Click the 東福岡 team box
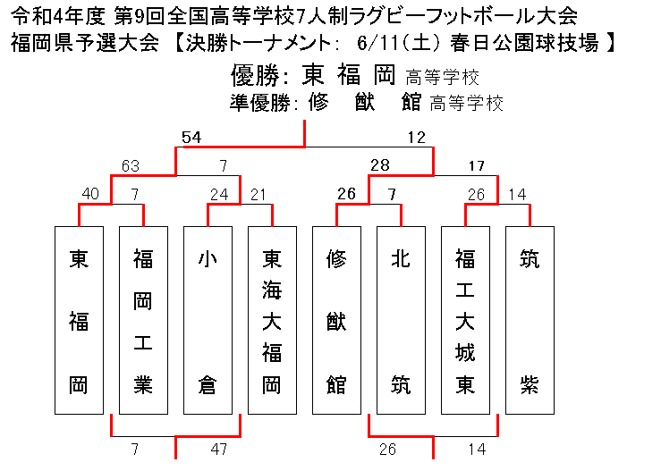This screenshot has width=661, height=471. [79, 320]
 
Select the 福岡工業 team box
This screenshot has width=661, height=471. [143, 320]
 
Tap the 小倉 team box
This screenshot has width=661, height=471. [208, 320]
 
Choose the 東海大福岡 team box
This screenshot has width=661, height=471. [272, 320]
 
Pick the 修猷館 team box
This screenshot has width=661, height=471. [336, 320]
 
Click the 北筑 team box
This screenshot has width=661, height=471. [401, 320]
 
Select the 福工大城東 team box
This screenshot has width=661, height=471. [465, 320]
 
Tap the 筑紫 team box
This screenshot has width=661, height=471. [530, 320]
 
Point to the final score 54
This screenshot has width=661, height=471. [191, 138]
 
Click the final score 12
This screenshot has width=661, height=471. [417, 138]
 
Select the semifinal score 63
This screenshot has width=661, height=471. [131, 166]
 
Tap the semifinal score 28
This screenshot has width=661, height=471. [380, 165]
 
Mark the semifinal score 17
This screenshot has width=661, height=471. [477, 166]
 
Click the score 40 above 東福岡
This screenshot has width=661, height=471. [90, 194]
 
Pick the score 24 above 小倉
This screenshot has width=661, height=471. [219, 194]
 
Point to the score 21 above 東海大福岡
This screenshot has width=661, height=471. [258, 194]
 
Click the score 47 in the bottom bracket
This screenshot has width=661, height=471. [219, 450]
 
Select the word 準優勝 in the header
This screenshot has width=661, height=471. [260, 103]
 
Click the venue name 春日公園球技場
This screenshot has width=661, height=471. [524, 43]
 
